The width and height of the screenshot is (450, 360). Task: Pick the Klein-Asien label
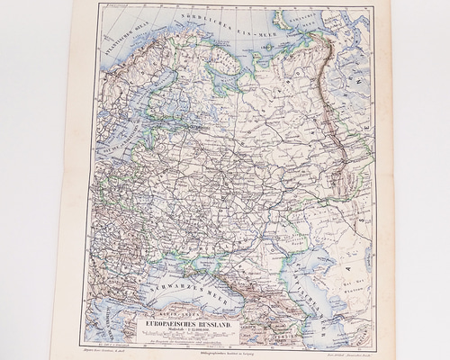(x=185, y=309)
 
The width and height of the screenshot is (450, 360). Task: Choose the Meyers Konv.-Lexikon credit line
(x=109, y=352)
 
